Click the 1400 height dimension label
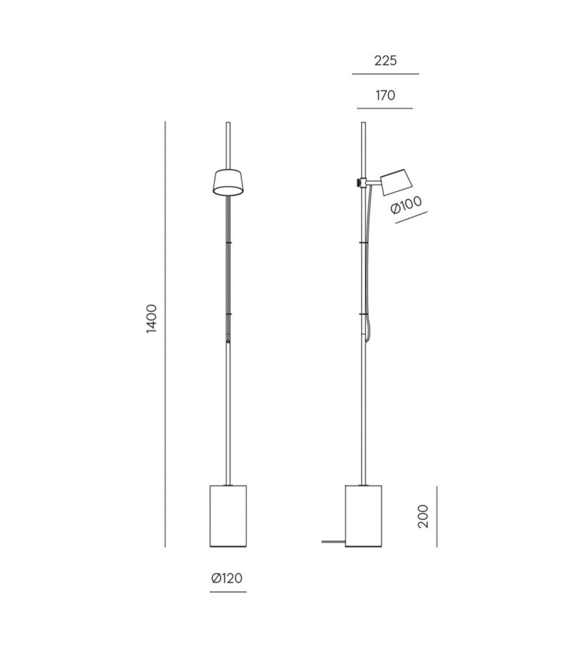click(x=152, y=318)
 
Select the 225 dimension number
click(x=385, y=61)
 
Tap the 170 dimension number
click(x=385, y=96)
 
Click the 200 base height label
click(x=424, y=516)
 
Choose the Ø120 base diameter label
click(x=227, y=577)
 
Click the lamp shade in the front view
click(x=228, y=182)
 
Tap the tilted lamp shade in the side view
click(x=396, y=182)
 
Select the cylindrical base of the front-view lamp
click(x=228, y=515)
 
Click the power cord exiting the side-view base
click(x=333, y=541)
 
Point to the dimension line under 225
click(x=385, y=74)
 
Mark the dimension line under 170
click(x=385, y=108)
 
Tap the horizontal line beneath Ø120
click(x=228, y=591)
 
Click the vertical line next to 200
click(x=437, y=516)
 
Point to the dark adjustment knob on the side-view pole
click(x=358, y=181)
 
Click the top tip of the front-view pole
click(x=228, y=123)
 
